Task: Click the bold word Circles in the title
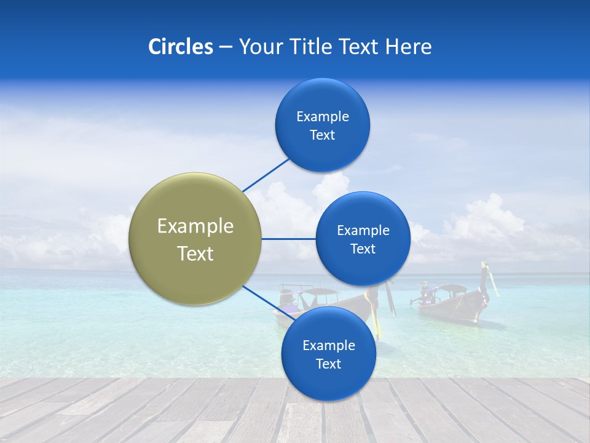[x=181, y=47]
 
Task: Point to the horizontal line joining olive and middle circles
[x=288, y=239]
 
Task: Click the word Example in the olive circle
[x=195, y=226]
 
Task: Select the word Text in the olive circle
[x=195, y=253]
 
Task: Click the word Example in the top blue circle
[x=323, y=116]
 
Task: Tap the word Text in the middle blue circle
[x=363, y=249]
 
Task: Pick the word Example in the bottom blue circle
[x=329, y=345]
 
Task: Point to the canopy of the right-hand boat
[x=452, y=288]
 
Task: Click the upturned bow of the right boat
[x=489, y=277]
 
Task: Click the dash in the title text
[x=226, y=47]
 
